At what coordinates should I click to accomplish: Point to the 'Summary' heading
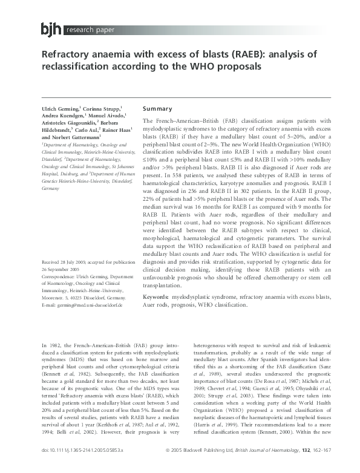coord(157,108)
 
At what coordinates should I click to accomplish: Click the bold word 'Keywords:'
coord(159,297)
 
